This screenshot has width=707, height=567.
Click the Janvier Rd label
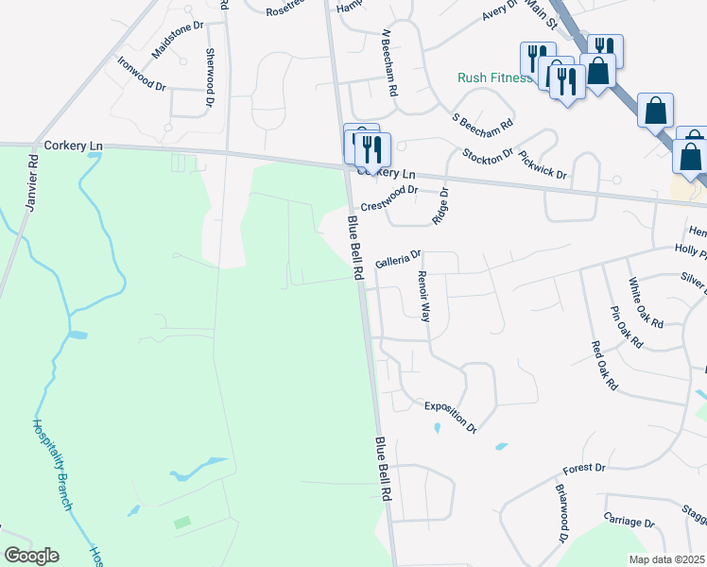pyautogui.click(x=33, y=175)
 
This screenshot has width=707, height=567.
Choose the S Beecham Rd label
pyautogui.click(x=483, y=122)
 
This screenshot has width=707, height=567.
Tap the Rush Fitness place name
pyautogui.click(x=494, y=78)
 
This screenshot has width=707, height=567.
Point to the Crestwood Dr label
pyautogui.click(x=389, y=198)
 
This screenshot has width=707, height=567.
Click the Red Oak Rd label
pyautogui.click(x=603, y=366)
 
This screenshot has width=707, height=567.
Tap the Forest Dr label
pyautogui.click(x=583, y=469)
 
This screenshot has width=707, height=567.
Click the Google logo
pyautogui.click(x=30, y=556)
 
